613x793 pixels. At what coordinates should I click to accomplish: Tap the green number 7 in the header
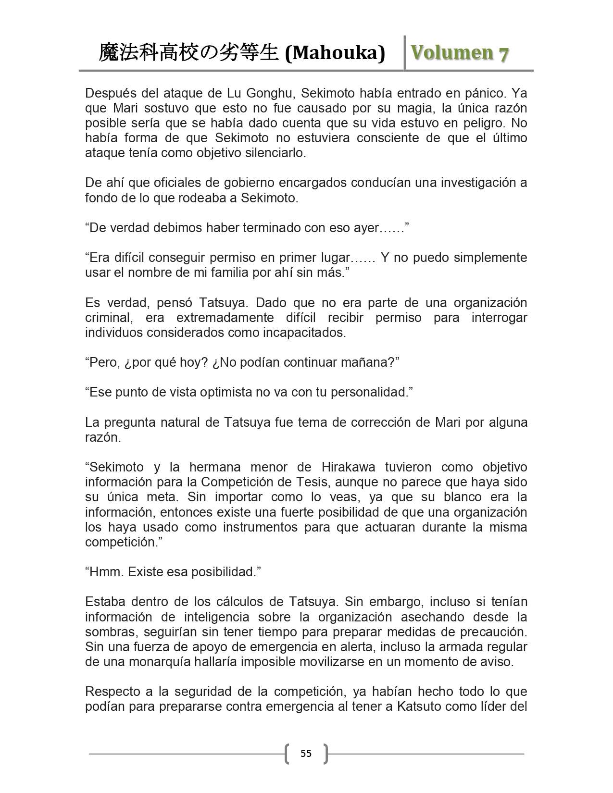point(503,53)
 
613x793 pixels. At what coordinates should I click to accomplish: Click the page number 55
point(306,753)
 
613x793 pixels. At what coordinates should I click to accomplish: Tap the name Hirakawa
point(344,467)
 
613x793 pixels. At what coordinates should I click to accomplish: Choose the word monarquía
point(159,661)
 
